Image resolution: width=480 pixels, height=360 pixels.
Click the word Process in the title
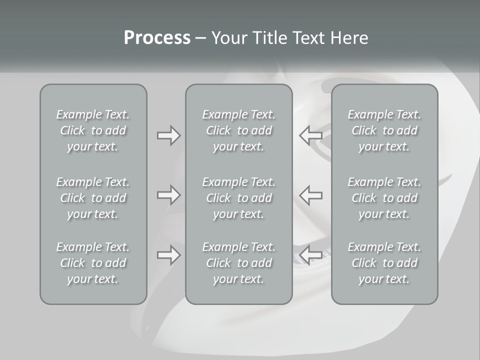157,38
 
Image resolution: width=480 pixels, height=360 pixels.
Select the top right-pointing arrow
168,135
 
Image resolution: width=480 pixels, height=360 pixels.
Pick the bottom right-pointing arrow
168,255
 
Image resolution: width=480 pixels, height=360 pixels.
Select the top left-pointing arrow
310,135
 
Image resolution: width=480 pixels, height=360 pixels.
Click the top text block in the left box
93,130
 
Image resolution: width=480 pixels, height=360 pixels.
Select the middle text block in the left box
93,198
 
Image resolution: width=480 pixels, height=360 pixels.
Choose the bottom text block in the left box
93,263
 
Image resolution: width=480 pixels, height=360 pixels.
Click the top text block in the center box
239,130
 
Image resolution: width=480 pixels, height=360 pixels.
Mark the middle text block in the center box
239,198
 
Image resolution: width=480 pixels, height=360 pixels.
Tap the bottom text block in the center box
239,263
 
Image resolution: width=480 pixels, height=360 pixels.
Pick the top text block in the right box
384,130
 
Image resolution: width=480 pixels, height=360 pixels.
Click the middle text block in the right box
384,198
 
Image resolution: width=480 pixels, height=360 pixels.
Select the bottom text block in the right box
384,263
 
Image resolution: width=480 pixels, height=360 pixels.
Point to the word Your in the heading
227,38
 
